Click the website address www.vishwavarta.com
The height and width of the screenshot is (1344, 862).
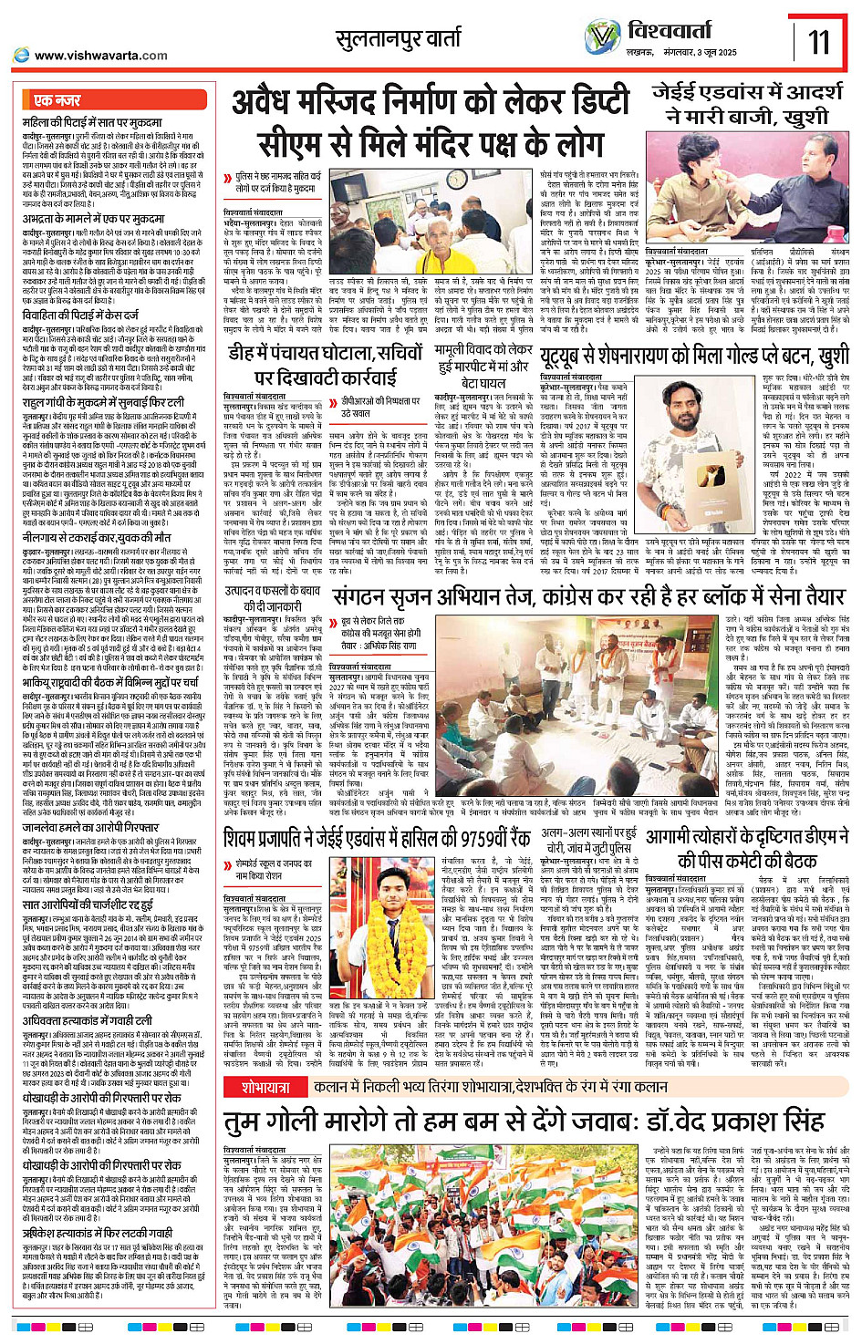[100, 56]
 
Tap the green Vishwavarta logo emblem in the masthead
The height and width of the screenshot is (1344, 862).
[603, 37]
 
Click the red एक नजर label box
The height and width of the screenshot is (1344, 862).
[57, 100]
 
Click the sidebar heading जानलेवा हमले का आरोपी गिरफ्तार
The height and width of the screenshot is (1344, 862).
[86, 829]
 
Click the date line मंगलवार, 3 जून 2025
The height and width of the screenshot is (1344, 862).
[698, 53]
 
